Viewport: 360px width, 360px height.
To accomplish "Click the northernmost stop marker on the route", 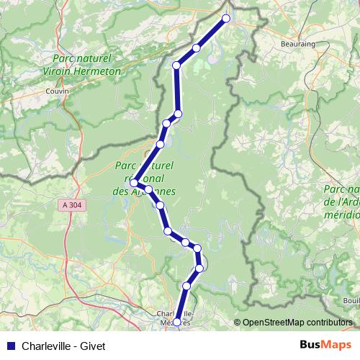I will (226, 19).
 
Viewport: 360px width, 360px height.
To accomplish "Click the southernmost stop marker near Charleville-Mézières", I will (177, 323).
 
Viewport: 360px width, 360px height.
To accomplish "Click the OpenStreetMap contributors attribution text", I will (297, 323).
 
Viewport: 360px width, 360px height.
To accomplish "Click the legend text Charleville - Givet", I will (63, 346).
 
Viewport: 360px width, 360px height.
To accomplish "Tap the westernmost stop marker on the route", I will (134, 183).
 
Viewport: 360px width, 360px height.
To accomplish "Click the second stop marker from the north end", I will (196, 48).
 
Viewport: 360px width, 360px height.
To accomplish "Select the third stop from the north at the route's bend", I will (176, 66).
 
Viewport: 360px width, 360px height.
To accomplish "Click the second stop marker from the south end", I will (186, 287).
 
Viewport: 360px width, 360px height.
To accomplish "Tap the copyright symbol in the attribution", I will (238, 323).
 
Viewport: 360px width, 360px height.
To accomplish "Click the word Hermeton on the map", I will (96, 71).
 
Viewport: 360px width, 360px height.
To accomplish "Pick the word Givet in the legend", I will (93, 346).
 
